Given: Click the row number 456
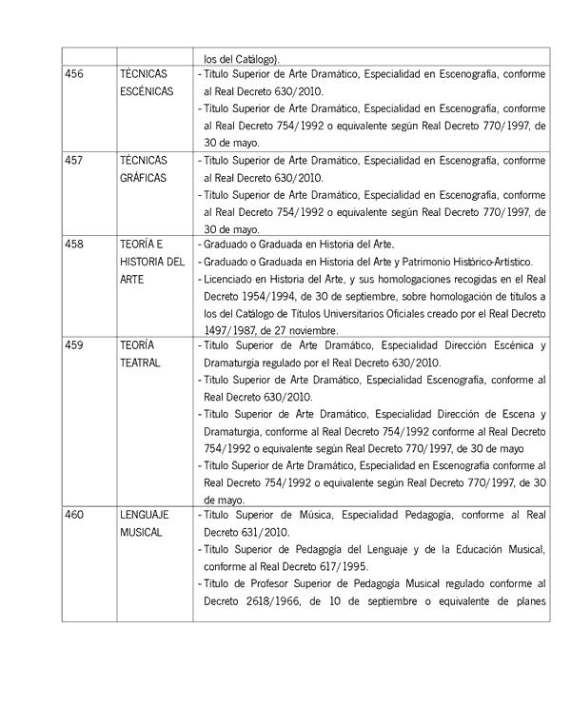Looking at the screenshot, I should (x=73, y=73).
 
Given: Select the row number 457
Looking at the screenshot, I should (x=73, y=160).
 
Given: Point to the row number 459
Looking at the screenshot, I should (x=73, y=345).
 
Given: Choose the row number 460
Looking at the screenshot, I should (x=73, y=516).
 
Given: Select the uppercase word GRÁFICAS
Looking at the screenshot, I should (x=144, y=177).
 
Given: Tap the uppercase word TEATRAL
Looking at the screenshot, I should (x=140, y=363).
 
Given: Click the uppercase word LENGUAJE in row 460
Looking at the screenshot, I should (x=145, y=516).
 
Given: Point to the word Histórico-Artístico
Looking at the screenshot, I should (x=491, y=262).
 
